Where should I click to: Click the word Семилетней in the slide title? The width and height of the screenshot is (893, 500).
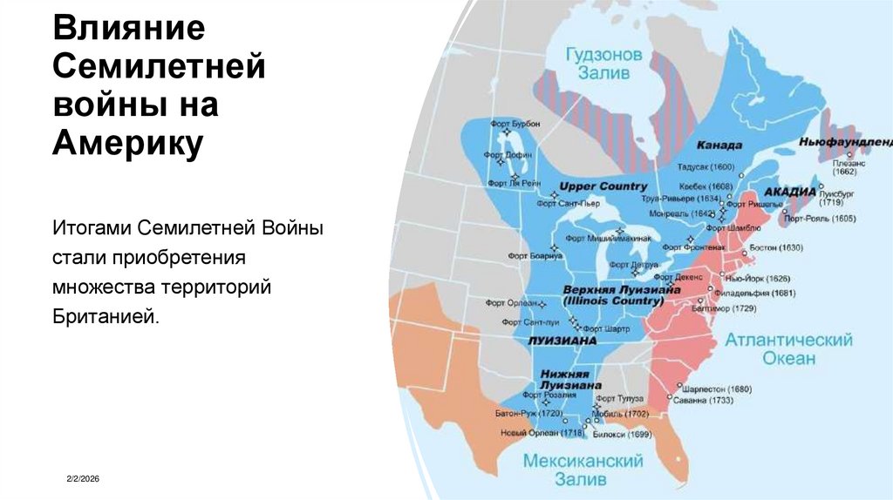click(x=160, y=66)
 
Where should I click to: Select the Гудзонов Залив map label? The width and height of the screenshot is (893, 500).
click(x=603, y=64)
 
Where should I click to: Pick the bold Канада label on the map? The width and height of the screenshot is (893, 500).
click(x=719, y=145)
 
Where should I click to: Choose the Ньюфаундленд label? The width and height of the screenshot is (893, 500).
click(x=845, y=140)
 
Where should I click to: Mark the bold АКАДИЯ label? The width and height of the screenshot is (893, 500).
click(x=790, y=191)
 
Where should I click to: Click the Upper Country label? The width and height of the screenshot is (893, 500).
click(x=603, y=186)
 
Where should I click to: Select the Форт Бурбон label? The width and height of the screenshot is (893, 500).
click(x=515, y=125)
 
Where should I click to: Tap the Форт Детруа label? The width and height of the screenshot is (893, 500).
click(x=632, y=264)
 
